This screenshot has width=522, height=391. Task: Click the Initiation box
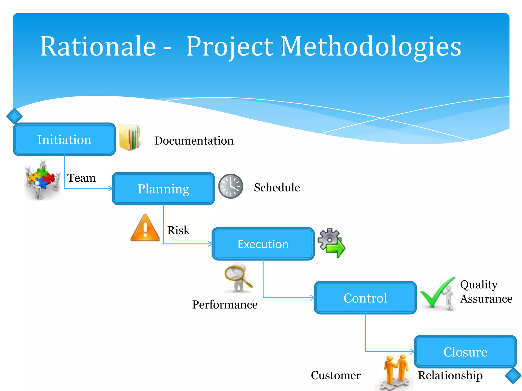(x=64, y=139)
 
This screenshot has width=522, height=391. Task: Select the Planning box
(x=163, y=189)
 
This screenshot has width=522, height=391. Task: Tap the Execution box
(x=263, y=244)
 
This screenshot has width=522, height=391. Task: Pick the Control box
(x=365, y=298)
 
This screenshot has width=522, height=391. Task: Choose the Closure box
(x=465, y=352)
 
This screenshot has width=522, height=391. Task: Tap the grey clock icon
(x=231, y=186)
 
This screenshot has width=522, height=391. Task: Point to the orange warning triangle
(x=145, y=228)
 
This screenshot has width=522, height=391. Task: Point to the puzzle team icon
(x=43, y=179)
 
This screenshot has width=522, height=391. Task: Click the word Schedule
(x=277, y=188)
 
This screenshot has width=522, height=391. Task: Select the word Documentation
(x=194, y=141)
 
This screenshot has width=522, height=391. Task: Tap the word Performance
(x=225, y=305)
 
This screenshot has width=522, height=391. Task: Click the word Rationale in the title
(x=98, y=46)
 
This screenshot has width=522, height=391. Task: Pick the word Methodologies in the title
(x=371, y=46)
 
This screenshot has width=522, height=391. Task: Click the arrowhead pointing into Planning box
(x=110, y=189)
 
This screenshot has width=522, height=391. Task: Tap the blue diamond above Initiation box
(x=14, y=116)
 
